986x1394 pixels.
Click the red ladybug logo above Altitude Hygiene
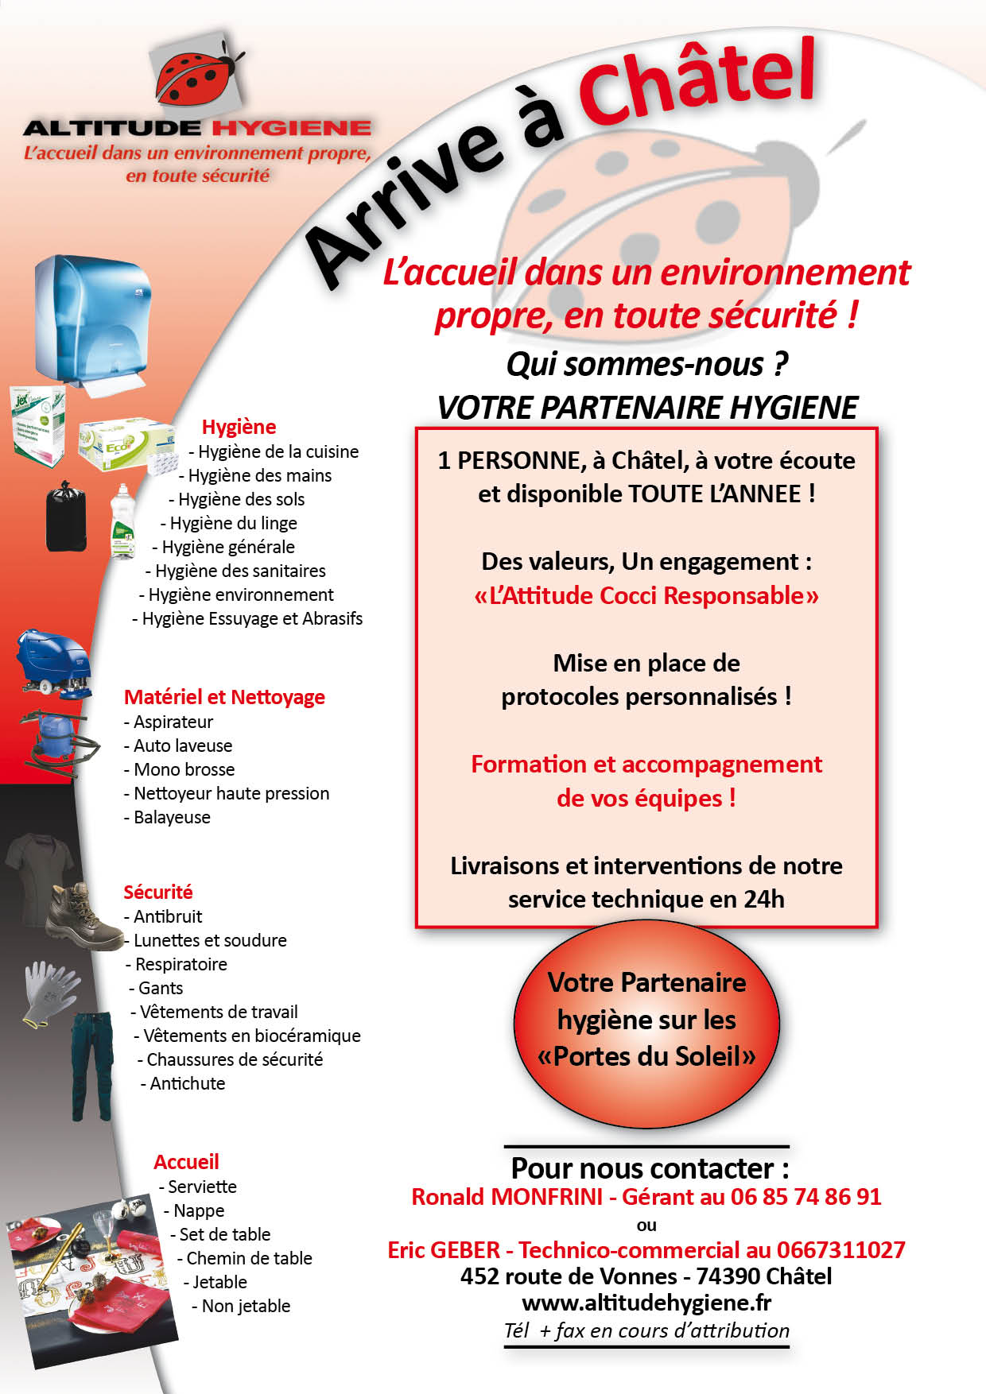tap(198, 76)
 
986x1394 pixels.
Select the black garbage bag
tap(65, 516)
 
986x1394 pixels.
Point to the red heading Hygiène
tap(239, 427)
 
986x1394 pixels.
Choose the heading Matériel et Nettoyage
tap(224, 697)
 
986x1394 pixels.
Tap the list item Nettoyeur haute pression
tap(231, 793)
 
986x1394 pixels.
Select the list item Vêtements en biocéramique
tap(251, 1036)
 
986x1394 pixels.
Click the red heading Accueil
tap(186, 1162)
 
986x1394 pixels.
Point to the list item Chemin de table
tap(249, 1258)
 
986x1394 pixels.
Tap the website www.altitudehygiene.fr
tap(646, 1303)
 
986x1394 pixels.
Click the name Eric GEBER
tap(444, 1250)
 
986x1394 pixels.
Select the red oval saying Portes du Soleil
tap(646, 1020)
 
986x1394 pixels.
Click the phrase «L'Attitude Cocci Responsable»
tap(646, 595)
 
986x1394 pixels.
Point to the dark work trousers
tap(94, 1065)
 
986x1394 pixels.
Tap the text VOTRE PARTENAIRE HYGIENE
tap(647, 408)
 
